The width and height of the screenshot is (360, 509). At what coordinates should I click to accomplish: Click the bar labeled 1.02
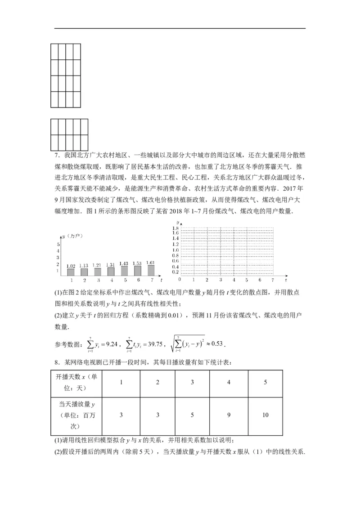71,272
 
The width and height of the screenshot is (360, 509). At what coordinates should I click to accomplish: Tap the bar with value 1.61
150,270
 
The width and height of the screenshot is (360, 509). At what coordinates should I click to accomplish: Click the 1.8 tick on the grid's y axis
175,228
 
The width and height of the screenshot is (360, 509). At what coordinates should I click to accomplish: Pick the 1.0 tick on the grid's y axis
175,250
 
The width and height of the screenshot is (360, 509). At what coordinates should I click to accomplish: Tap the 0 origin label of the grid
179,279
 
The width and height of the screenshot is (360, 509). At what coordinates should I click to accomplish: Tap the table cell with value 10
265,415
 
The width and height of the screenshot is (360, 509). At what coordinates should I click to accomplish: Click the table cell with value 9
229,415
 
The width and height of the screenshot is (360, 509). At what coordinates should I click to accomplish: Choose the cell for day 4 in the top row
229,382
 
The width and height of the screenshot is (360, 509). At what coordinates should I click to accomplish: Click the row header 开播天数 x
76,382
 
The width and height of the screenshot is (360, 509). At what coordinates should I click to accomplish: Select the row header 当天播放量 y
76,415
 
